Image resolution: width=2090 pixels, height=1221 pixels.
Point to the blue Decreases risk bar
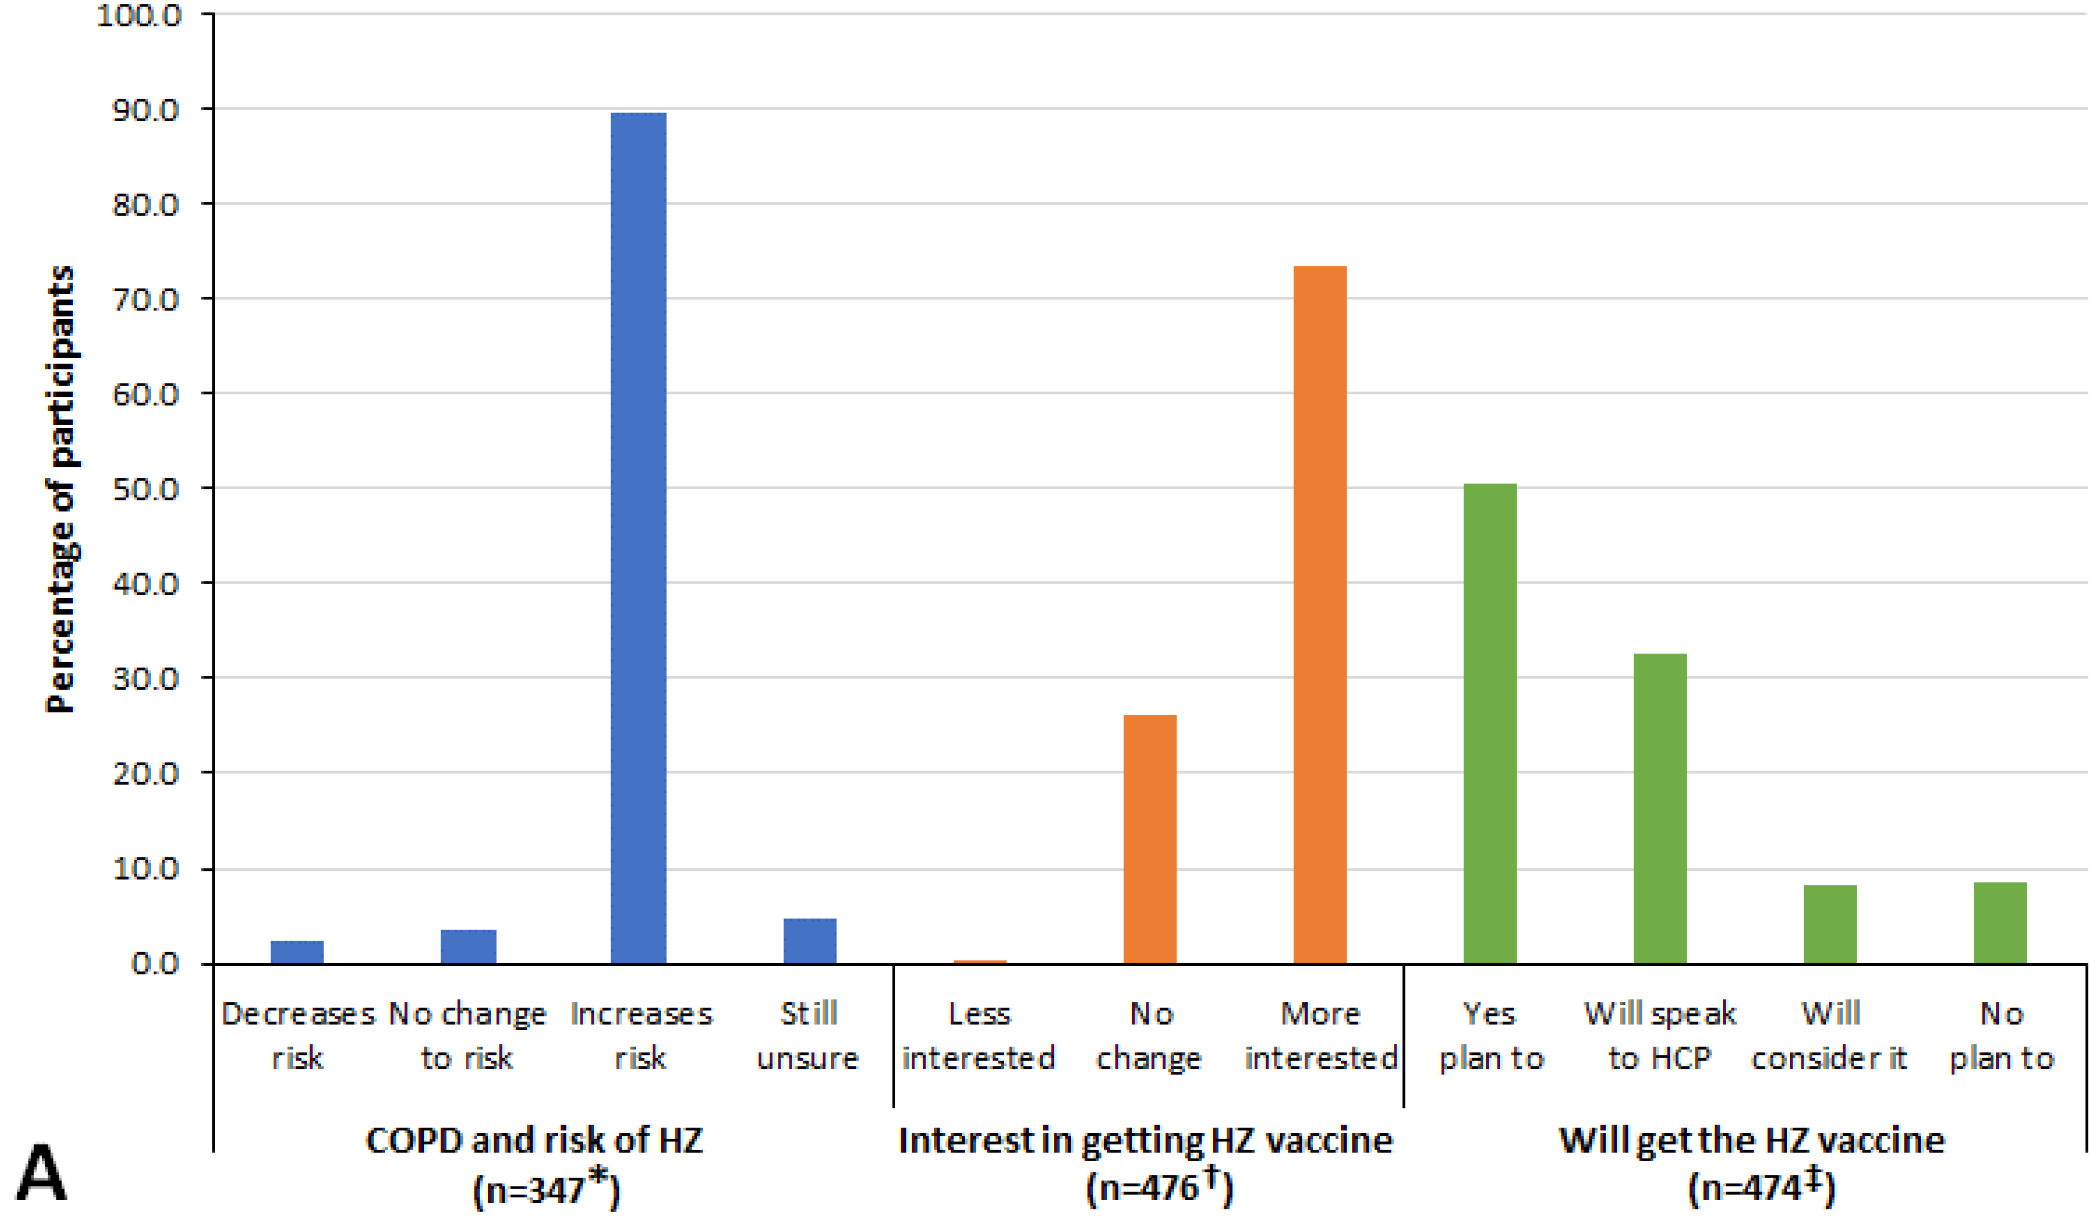[297, 952]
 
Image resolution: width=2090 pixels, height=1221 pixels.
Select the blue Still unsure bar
[810, 941]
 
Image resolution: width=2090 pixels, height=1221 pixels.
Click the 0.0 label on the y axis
[155, 963]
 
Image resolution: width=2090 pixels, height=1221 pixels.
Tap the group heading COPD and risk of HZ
[535, 1140]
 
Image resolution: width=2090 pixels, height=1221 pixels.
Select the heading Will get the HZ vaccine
[1752, 1140]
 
